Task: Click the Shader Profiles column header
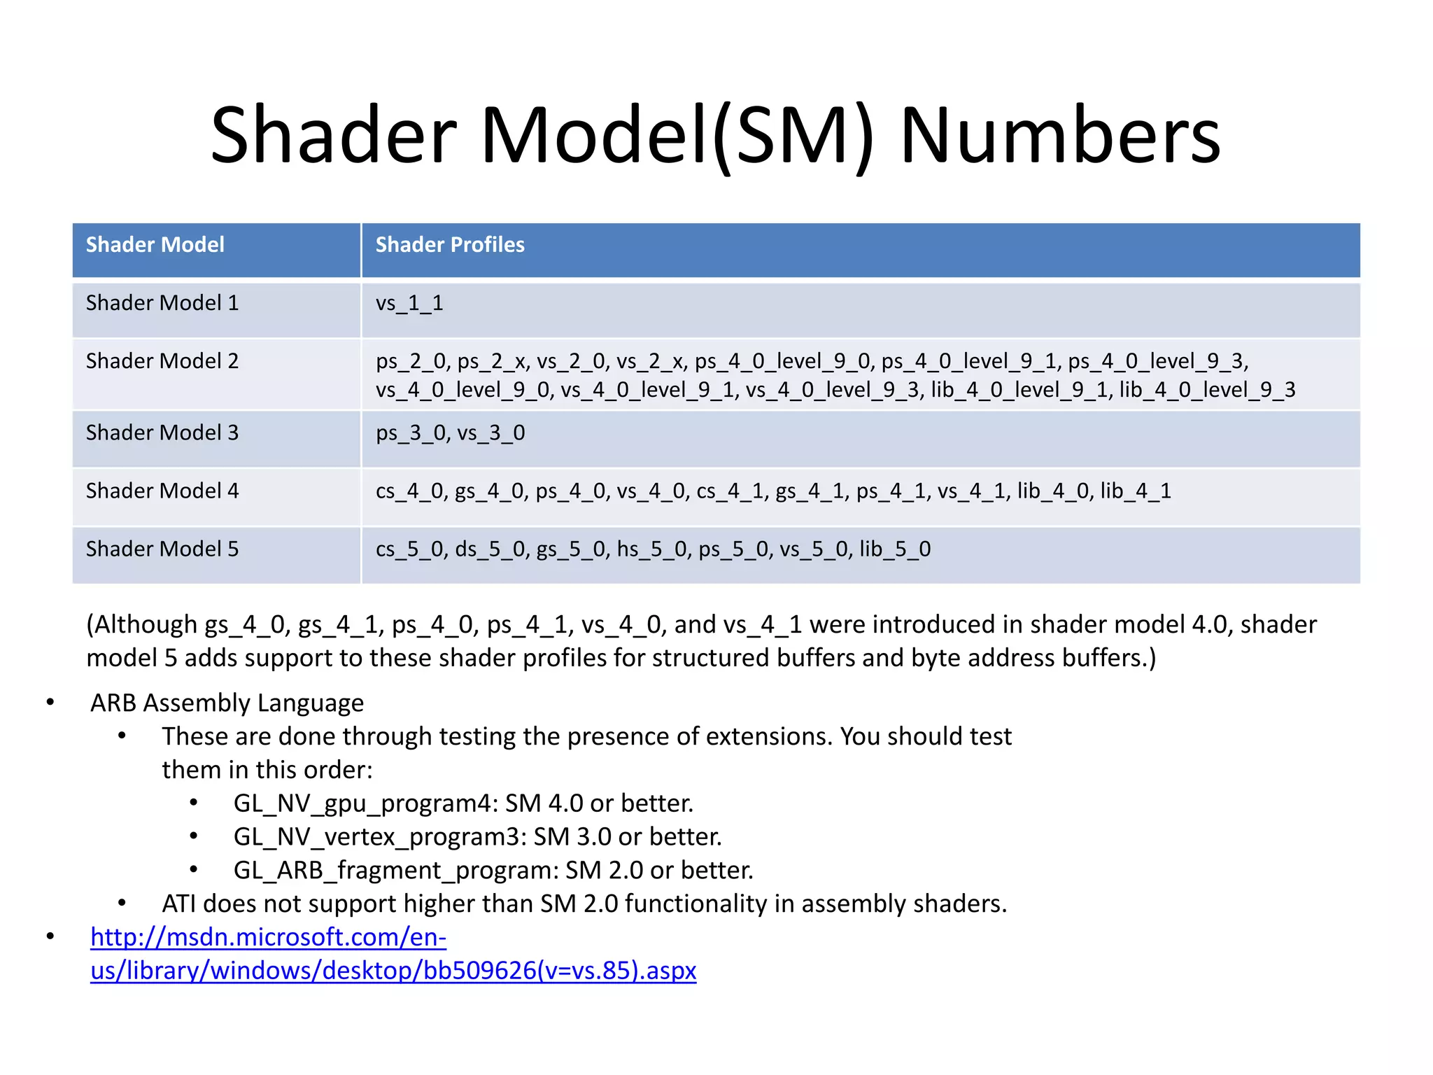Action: [450, 245]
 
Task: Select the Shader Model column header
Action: [155, 245]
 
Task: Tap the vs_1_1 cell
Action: [409, 303]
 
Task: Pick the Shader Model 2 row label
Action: [162, 361]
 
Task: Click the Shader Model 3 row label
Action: [162, 433]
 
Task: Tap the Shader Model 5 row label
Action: [162, 549]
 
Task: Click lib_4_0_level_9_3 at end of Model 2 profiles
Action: [1207, 390]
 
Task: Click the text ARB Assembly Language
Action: [227, 703]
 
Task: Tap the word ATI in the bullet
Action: [178, 904]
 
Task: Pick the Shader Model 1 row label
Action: [162, 303]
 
